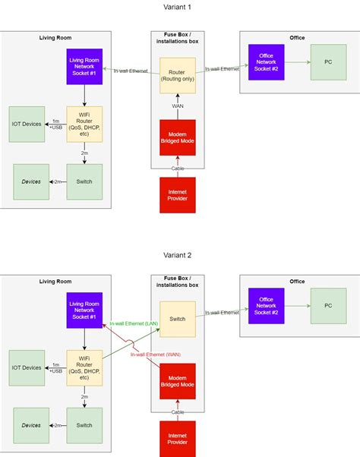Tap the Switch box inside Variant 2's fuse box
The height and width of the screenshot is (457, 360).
click(178, 320)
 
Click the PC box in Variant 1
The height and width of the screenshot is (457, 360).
click(328, 62)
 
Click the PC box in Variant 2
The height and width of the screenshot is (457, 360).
click(328, 306)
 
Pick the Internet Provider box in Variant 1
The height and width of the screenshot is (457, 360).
click(178, 196)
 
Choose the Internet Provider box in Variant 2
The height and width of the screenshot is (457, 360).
click(178, 439)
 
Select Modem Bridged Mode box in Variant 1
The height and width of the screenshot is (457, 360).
click(178, 137)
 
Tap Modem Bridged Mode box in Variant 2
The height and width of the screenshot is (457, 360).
click(178, 381)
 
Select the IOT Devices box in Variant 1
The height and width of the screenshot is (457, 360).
click(27, 124)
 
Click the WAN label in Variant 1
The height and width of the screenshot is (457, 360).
click(178, 106)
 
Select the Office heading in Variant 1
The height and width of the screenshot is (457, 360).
click(297, 38)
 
